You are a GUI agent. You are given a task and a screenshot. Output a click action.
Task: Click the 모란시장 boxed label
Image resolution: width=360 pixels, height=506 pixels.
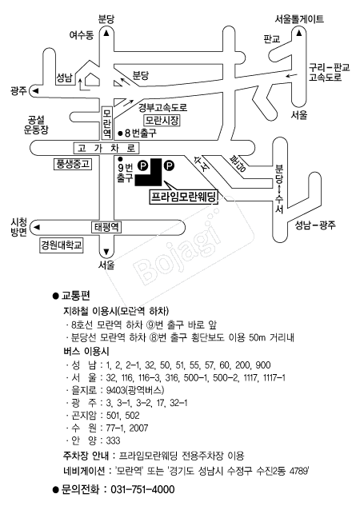coord(162,121)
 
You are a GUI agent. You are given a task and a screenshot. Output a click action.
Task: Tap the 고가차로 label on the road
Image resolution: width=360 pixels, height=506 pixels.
coord(106,148)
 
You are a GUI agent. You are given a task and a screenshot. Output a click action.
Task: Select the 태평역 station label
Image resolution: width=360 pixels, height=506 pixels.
coord(106,227)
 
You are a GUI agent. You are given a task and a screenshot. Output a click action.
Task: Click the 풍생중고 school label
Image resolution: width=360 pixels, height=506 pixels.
coord(72,164)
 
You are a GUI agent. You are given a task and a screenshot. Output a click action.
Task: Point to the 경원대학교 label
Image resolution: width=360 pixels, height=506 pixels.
coord(61,245)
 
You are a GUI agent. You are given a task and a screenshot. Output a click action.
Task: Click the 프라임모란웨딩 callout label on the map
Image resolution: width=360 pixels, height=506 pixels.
coord(183,197)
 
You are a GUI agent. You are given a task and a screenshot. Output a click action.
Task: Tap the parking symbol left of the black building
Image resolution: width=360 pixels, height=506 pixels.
coord(142,166)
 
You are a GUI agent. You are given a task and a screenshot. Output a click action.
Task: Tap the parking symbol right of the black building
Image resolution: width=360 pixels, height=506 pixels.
coord(169,166)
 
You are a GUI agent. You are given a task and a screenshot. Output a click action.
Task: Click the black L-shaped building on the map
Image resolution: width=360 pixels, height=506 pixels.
coord(154,176)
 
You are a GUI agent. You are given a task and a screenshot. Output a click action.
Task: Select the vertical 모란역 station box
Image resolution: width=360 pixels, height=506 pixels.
coord(107,122)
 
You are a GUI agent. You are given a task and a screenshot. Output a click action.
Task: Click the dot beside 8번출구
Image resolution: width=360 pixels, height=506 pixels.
coord(120,133)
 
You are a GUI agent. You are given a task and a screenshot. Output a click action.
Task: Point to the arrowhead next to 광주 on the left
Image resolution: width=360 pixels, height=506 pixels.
coord(36,90)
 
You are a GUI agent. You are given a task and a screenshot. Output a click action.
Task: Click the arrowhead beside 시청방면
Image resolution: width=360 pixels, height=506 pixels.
coord(37,227)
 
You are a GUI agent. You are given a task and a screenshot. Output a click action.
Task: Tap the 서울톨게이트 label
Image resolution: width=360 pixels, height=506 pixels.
coord(299,19)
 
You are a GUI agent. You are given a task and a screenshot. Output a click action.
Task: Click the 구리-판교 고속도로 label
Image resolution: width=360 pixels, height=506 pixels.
coord(329,72)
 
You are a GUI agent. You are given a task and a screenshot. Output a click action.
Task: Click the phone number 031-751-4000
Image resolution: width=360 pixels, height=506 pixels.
coord(142,489)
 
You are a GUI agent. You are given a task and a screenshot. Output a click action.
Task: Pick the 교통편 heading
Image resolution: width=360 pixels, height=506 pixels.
coord(75,295)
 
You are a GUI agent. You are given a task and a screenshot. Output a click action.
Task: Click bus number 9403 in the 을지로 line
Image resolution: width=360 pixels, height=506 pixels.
coord(115,390)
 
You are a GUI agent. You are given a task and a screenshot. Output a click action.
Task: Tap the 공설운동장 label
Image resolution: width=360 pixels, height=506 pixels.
coord(36,126)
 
